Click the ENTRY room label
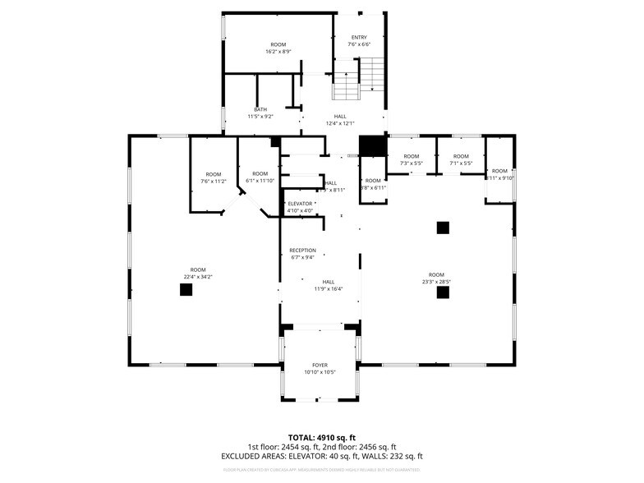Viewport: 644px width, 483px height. (x=359, y=38)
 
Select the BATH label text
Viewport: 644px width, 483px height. (x=260, y=109)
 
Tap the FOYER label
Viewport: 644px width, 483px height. (x=320, y=365)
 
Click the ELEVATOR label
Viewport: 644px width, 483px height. (x=300, y=203)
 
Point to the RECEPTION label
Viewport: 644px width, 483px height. (x=302, y=251)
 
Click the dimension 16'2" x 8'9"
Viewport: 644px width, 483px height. (x=278, y=52)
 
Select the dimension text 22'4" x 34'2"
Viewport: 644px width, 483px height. (x=198, y=277)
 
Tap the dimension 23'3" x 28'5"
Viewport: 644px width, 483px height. (x=436, y=282)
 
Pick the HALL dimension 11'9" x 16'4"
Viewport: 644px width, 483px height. (x=328, y=288)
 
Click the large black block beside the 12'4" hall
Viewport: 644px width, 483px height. (x=374, y=145)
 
